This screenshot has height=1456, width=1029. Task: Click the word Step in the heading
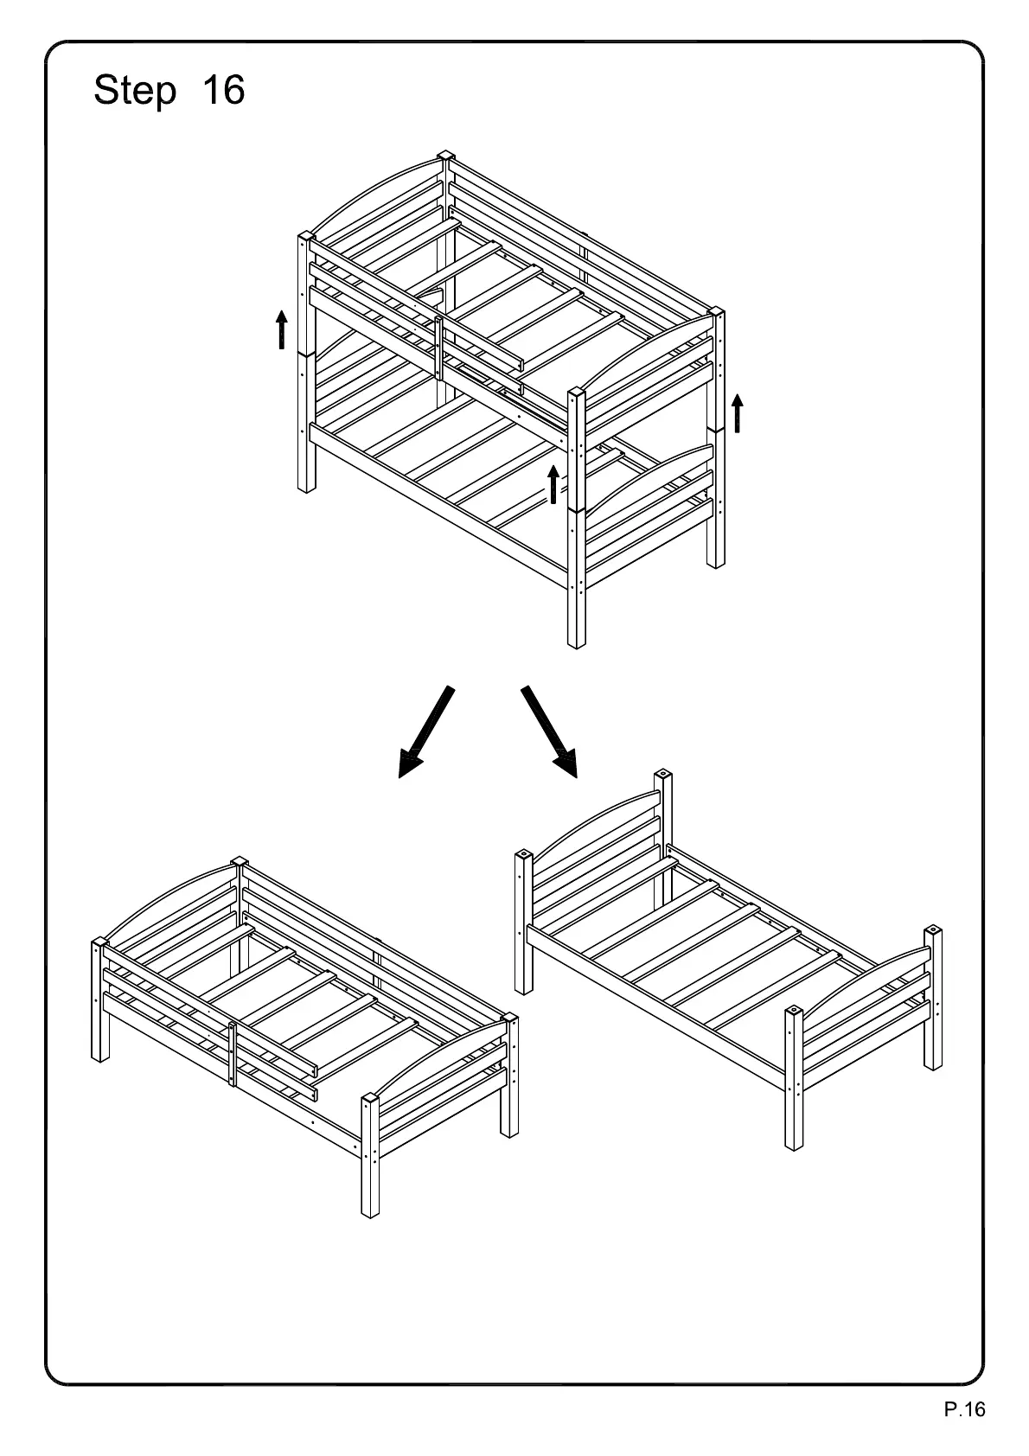134,90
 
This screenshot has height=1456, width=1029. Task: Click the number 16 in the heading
223,90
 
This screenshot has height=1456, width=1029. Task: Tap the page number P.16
963,1410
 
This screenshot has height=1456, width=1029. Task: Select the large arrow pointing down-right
549,730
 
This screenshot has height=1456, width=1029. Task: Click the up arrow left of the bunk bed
281,330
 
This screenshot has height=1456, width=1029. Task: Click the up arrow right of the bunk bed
737,413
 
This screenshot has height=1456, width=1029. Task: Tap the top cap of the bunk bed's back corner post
445,156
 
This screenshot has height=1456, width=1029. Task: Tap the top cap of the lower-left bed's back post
240,862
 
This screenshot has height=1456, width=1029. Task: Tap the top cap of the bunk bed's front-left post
305,236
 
